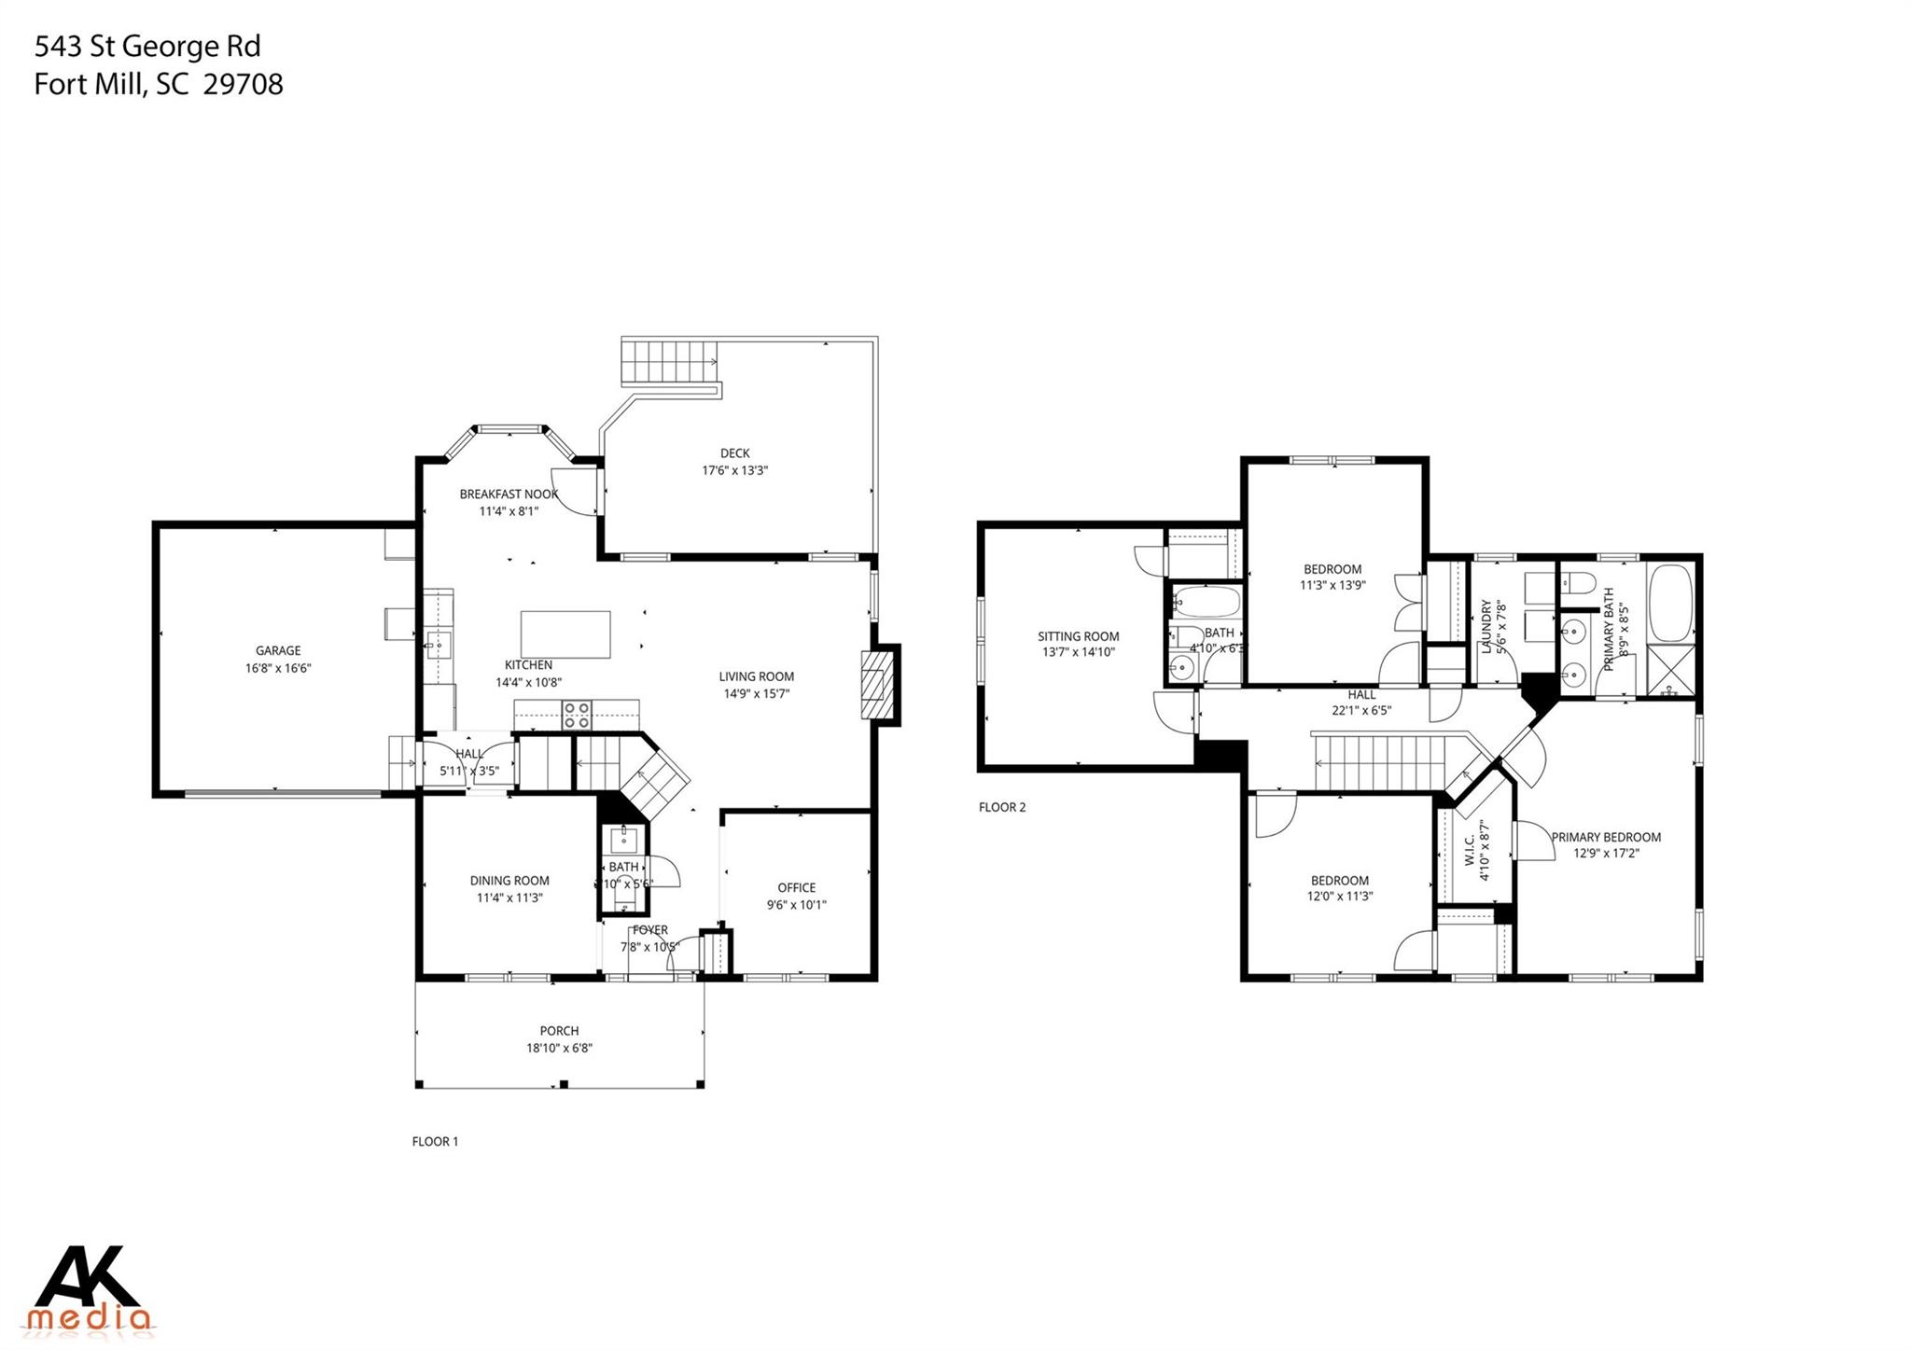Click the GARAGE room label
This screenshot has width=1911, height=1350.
278,650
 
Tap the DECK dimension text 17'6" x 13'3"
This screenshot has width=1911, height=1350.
734,470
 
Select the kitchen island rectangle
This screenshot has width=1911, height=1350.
565,634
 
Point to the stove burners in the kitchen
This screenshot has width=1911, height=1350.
576,715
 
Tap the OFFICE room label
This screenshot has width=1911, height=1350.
796,887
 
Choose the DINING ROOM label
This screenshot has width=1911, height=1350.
509,880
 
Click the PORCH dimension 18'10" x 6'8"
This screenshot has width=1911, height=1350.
559,1048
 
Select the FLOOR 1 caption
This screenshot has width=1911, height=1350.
435,1141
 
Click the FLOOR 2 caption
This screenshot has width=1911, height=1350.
1001,807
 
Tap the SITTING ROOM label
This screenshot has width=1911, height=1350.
1078,636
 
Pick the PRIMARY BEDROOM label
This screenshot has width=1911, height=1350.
1606,837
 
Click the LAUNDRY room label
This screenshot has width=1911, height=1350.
1486,627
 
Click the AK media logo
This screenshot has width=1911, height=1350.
91,1290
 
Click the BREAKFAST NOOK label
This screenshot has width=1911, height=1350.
509,494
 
